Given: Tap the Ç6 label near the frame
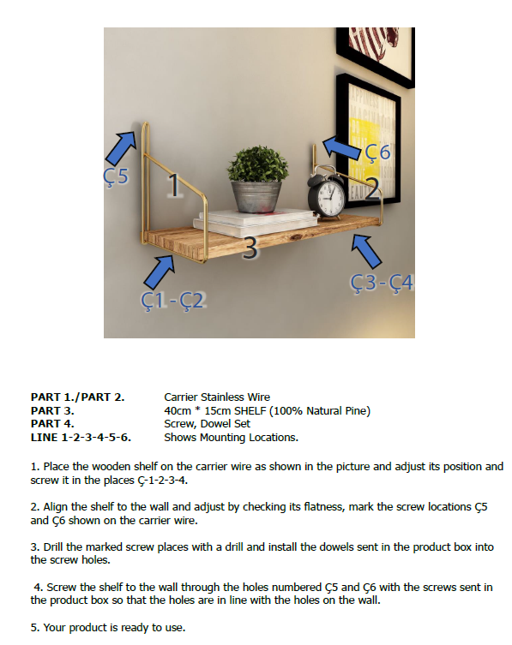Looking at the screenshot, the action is pyautogui.click(x=377, y=152).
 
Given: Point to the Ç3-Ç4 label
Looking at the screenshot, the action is pyautogui.click(x=382, y=282).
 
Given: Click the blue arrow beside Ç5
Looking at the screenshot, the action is pyautogui.click(x=121, y=146).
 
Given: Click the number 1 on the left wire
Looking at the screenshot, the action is pyautogui.click(x=172, y=185).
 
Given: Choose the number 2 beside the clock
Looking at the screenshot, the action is pyautogui.click(x=371, y=191).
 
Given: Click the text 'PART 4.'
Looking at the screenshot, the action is pyautogui.click(x=52, y=423).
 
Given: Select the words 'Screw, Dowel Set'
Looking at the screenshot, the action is pyautogui.click(x=207, y=423).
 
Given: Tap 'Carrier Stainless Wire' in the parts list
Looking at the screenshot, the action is pyautogui.click(x=217, y=397).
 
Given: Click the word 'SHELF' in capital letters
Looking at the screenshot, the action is pyautogui.click(x=250, y=410).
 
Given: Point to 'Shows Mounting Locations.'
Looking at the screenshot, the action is pyautogui.click(x=231, y=437).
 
